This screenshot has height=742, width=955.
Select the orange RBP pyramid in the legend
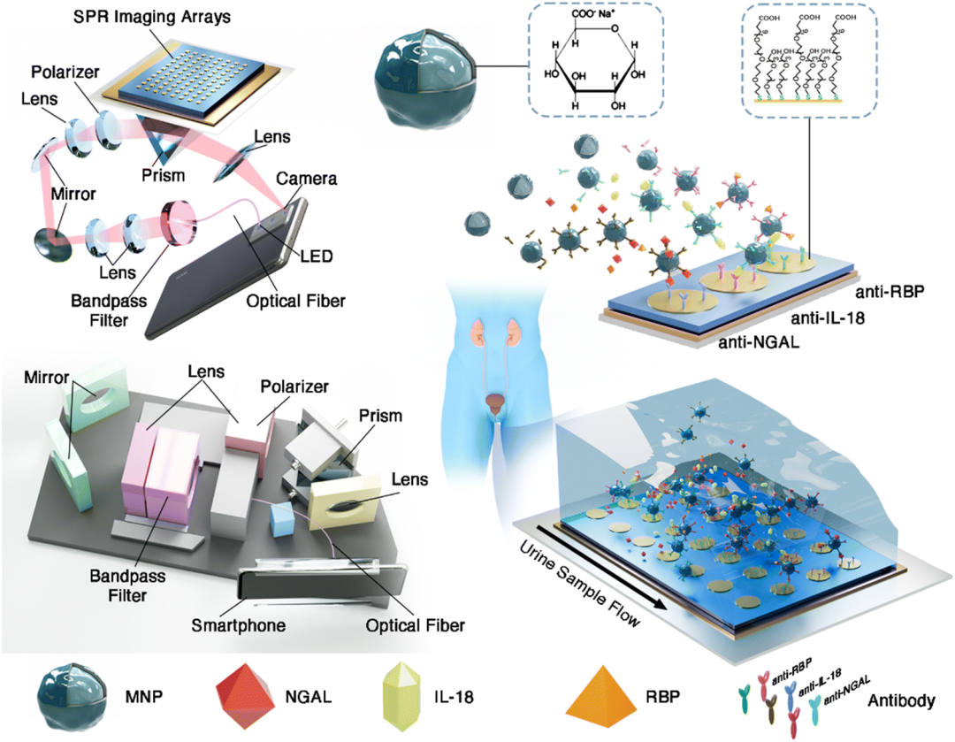(603, 695)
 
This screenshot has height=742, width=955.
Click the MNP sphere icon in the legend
(71, 696)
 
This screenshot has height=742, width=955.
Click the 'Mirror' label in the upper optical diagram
(73, 190)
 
